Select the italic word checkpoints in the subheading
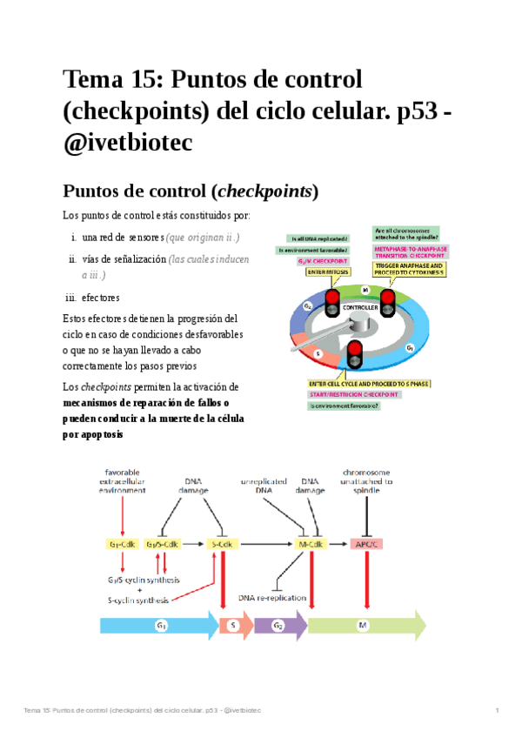click(264, 190)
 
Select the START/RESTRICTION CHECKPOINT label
click(354, 394)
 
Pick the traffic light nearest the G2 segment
click(331, 302)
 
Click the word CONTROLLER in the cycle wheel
click(359, 308)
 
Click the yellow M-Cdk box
click(311, 544)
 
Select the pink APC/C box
click(365, 544)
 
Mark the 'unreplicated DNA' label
click(264, 486)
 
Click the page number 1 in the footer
click(496, 712)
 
